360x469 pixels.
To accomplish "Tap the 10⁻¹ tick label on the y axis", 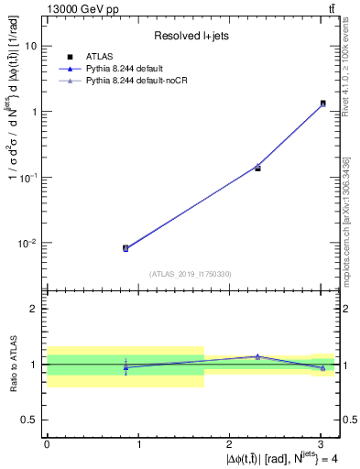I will (28, 177).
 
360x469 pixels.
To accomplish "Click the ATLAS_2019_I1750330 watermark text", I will (191, 274).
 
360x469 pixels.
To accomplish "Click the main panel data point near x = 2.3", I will (257, 167).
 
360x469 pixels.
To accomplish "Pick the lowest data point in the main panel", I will (125, 248).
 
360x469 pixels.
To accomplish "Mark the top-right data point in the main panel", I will (322, 104).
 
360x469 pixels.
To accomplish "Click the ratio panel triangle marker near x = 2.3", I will (257, 356).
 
